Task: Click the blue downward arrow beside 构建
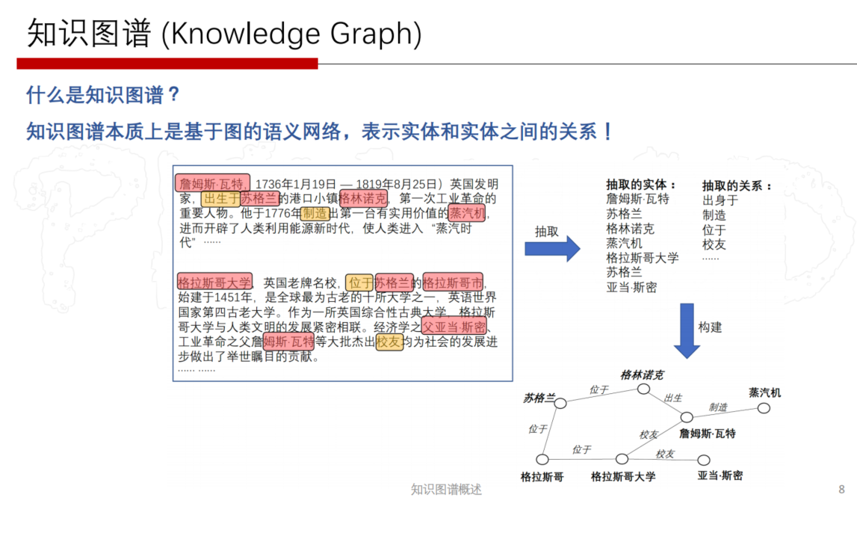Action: (x=687, y=330)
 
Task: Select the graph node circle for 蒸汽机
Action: (x=764, y=408)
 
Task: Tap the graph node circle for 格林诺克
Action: (x=643, y=389)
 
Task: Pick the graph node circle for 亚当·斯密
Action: (x=703, y=460)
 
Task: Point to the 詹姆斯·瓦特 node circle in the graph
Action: (x=687, y=417)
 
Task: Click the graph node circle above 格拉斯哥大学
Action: (x=622, y=459)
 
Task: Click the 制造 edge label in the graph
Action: (x=718, y=407)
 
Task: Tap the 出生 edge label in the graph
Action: (x=672, y=398)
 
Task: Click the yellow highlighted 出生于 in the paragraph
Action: (x=221, y=198)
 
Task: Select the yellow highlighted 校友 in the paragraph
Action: (x=389, y=342)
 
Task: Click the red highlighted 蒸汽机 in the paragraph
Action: (x=466, y=213)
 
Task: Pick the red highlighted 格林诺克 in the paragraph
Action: (x=363, y=198)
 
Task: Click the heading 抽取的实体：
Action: (x=642, y=185)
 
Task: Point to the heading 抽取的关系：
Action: (x=737, y=186)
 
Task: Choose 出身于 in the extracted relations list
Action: (x=720, y=200)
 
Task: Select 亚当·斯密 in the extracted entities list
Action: (x=631, y=288)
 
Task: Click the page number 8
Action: (x=842, y=489)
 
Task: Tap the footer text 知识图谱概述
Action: (x=446, y=489)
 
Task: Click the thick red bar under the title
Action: (x=167, y=64)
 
